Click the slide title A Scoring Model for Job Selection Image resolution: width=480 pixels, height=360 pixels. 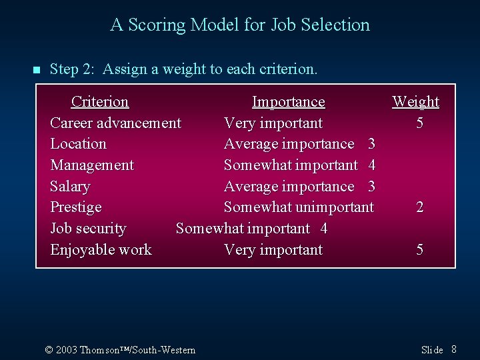point(240,25)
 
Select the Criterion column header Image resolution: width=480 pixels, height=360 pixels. point(100,102)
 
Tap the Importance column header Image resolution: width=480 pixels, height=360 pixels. point(288,102)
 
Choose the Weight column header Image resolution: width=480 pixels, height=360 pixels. point(415,102)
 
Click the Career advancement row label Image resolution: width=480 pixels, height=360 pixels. point(115,123)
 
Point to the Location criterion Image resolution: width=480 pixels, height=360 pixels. point(78,144)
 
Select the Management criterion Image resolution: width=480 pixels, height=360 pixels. point(92,165)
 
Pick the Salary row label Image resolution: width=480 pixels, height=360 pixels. point(70,187)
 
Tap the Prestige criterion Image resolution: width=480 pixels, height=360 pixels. point(76,207)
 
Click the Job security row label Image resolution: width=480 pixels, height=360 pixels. point(88,229)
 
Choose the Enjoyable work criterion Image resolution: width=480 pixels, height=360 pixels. point(101,250)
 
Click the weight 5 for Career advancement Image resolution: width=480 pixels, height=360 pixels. point(419,123)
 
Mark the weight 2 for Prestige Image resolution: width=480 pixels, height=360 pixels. point(419,207)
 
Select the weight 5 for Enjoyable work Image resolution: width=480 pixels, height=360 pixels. point(419,250)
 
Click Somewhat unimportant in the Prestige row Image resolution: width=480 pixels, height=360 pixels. point(299,207)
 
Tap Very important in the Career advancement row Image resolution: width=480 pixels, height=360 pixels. point(273,123)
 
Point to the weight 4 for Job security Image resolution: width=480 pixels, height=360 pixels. point(324,229)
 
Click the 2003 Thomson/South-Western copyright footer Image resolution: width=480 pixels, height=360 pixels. point(120,350)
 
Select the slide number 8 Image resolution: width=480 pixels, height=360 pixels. point(453,349)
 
